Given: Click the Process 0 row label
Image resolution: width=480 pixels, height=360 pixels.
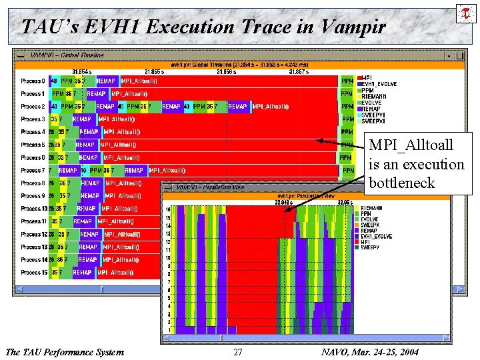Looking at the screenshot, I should tap(33, 81).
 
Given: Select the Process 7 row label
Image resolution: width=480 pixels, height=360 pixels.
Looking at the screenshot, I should tap(33, 171).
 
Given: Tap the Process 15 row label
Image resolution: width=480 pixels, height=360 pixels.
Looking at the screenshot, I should tap(33, 273).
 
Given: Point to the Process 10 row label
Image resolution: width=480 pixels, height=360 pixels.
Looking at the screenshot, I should tap(33, 209).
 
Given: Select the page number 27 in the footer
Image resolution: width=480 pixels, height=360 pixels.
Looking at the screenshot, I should tap(238, 352).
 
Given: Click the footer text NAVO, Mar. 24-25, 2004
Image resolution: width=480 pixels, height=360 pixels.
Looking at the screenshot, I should tap(369, 352).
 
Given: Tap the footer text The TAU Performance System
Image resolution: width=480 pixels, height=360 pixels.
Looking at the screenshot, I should tap(64, 352).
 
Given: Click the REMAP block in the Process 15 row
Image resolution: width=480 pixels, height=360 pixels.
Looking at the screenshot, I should tap(82, 273).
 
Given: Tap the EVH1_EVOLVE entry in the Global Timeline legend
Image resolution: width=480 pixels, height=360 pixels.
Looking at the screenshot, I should tap(381, 84).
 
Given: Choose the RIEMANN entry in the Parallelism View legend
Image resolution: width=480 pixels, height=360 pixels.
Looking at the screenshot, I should tap(371, 208).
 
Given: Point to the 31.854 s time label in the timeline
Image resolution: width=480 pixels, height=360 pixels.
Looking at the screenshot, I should tap(82, 71).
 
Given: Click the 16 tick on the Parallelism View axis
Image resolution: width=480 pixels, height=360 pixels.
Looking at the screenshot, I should tap(168, 209).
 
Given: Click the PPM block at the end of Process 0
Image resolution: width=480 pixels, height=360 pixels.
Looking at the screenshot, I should tap(347, 81).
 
